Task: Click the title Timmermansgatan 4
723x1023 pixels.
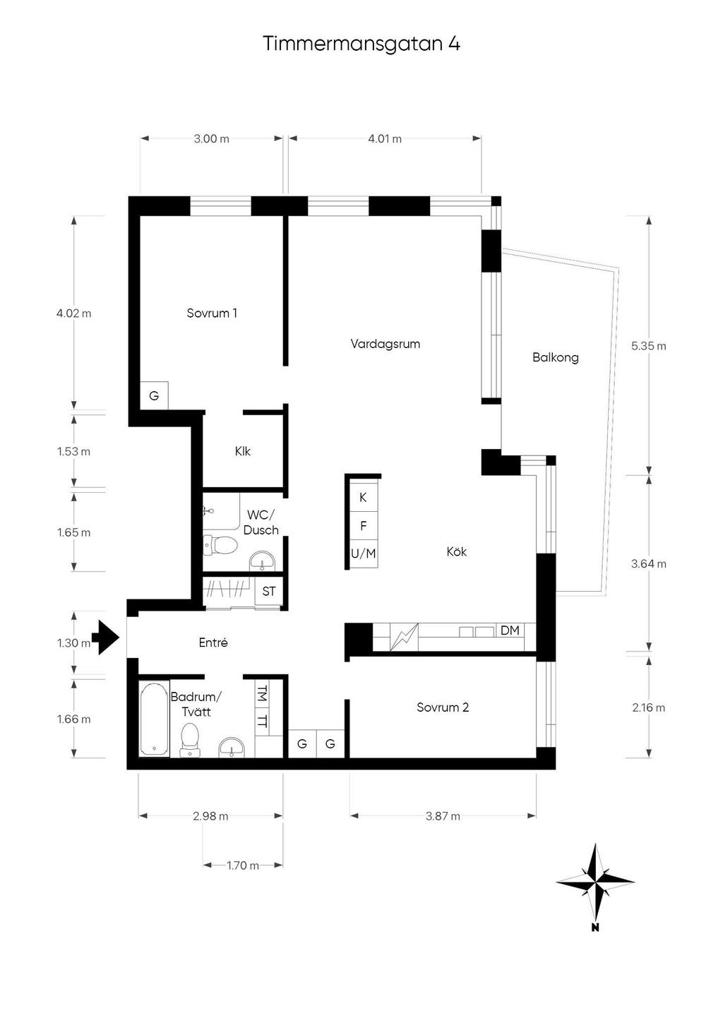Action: pos(361,44)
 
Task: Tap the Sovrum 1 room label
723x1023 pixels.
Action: pos(212,313)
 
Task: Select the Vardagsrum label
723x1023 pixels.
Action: pos(385,344)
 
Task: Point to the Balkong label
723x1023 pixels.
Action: pos(556,358)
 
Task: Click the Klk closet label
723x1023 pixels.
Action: pos(242,451)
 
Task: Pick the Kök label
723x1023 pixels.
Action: pos(457,551)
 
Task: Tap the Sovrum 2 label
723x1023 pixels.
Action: pos(443,707)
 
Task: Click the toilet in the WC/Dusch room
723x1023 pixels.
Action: pos(221,545)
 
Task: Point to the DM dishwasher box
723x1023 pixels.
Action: pos(510,630)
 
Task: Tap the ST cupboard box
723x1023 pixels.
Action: pos(268,592)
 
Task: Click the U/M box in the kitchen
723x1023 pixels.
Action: pos(364,554)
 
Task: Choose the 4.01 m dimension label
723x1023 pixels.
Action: pos(385,139)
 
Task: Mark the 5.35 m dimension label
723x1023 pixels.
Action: pos(649,346)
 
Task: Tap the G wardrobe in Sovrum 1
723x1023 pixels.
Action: pos(154,395)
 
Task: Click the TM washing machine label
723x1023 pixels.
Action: pos(263,695)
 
